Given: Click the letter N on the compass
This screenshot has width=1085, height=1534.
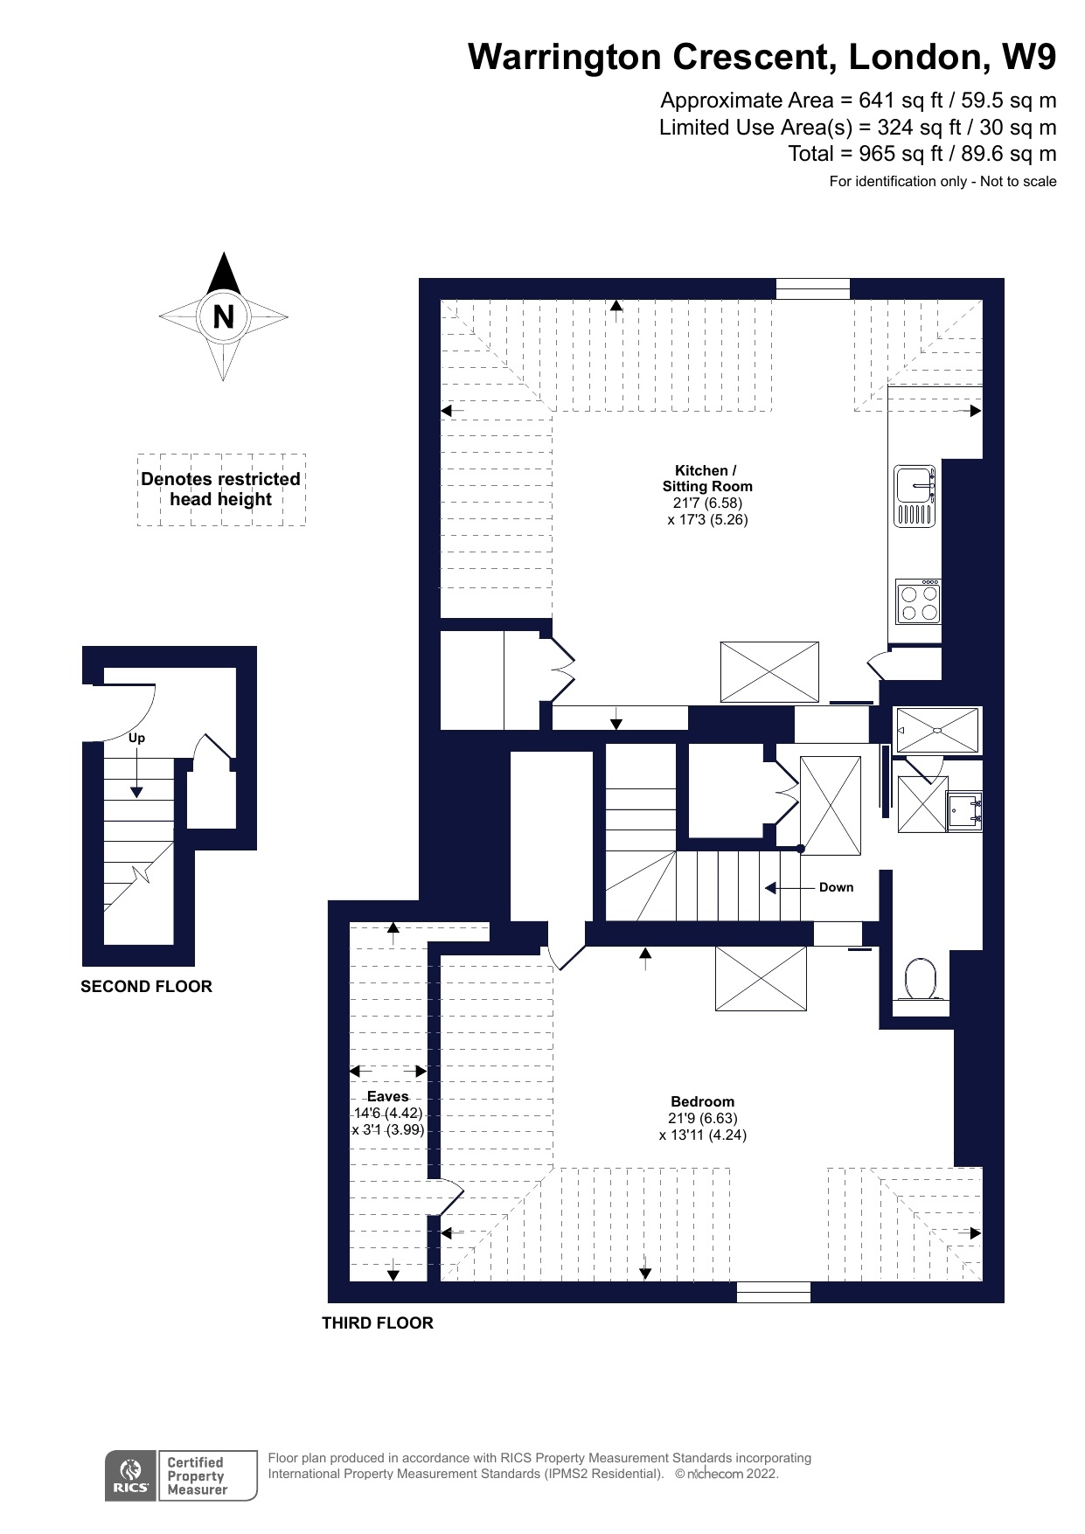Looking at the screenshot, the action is pos(224,316).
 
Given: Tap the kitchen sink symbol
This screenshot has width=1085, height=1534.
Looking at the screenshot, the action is pos(915,496).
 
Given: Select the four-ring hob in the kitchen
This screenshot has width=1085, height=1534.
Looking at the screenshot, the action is pos(918,601).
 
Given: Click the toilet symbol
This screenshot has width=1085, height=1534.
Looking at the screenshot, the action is pos(921,980).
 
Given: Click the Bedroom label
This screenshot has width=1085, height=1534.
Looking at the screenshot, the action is pos(702,1101).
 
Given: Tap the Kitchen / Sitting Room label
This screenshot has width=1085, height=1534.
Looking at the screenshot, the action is pos(706,478).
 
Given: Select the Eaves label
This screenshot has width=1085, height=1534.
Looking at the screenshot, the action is pos(387,1096).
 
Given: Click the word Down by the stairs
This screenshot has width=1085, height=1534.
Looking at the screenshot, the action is pos(836,887).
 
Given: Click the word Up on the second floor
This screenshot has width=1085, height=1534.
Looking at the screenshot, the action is pos(136,738).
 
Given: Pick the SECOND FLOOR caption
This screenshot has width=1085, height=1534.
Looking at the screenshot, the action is pos(146,987).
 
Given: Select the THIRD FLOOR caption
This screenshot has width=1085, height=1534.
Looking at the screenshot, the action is pos(378,1323).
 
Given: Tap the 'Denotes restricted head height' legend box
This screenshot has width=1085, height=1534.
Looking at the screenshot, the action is pos(221,489).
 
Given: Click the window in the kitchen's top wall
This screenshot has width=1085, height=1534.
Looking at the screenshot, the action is pos(813,288).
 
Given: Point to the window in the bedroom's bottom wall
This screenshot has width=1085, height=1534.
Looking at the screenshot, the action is pos(774,1292).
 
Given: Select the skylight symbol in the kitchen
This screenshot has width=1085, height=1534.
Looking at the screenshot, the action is pos(769,672).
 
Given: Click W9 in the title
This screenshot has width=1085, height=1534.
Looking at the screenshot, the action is pos(1029,57).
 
